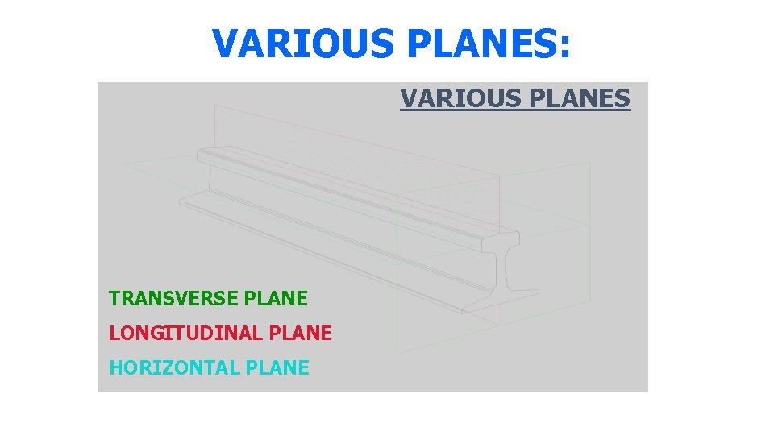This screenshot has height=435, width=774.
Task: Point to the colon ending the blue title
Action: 564,47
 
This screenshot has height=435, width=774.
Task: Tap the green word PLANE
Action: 276,299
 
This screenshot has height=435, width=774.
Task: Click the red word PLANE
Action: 300,333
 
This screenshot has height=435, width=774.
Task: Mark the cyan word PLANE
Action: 277,368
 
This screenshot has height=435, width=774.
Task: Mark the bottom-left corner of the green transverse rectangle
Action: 397,353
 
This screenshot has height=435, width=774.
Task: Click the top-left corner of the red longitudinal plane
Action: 215,106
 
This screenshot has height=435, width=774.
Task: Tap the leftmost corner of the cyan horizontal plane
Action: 123,164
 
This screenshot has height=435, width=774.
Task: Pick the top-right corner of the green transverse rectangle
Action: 590,163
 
